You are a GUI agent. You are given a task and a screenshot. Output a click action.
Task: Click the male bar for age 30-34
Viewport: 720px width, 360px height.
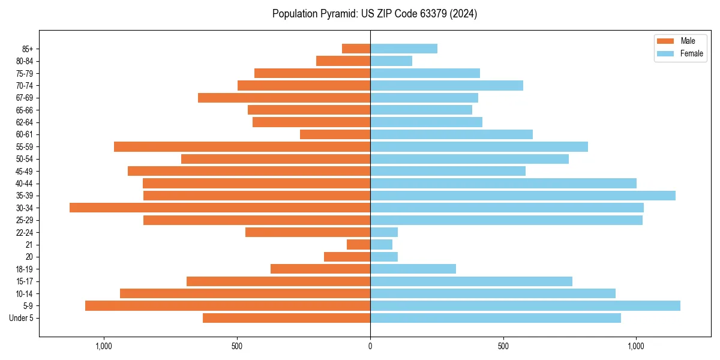pos(220,208)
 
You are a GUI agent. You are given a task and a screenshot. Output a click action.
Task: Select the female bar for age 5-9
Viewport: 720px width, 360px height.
pos(525,306)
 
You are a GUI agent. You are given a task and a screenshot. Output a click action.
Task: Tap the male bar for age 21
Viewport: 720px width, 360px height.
pos(358,245)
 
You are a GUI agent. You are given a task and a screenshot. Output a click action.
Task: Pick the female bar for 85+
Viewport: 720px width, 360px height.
pos(404,49)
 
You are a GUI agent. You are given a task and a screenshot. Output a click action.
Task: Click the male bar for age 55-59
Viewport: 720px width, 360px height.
pos(242,146)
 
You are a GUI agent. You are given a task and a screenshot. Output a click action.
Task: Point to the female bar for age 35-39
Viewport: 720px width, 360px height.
pos(523,196)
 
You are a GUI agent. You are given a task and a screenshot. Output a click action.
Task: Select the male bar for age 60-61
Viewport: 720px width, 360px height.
pos(335,134)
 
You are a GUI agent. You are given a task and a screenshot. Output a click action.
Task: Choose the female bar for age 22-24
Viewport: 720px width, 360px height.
pos(384,232)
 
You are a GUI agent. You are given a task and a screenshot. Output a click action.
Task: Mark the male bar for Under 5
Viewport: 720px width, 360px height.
pos(286,318)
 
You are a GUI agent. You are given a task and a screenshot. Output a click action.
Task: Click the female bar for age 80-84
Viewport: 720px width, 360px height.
pos(391,61)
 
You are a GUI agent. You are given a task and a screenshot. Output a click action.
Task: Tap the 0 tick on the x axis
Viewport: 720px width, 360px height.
pos(370,346)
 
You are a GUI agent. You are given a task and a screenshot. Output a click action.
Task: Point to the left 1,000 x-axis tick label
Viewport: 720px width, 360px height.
pos(104,346)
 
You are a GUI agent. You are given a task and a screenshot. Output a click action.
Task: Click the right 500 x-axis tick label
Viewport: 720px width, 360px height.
pos(503,346)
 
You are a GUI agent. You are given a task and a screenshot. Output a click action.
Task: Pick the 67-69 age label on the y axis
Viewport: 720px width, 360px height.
pos(25,98)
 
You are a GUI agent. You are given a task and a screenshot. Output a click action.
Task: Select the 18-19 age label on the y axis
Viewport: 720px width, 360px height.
pos(25,269)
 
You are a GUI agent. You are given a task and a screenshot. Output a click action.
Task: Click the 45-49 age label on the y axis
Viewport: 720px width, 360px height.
pos(25,171)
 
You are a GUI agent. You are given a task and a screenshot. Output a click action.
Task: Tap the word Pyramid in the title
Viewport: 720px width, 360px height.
pos(337,14)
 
